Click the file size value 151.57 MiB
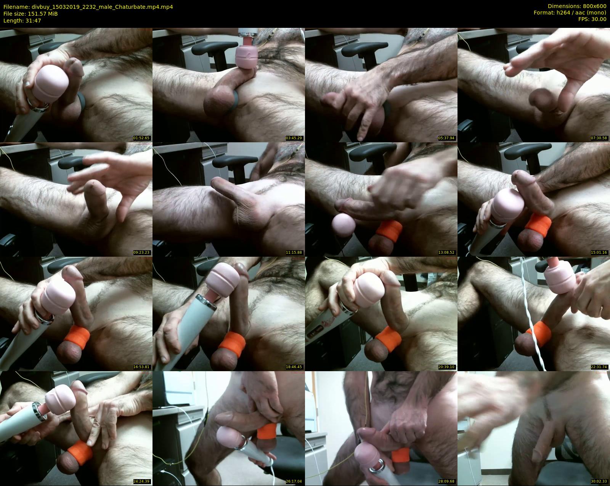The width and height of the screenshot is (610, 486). (x=43, y=14)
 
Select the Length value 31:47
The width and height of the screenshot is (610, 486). (x=33, y=21)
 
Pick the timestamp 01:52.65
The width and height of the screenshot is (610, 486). (x=141, y=138)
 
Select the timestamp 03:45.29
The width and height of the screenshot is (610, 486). (x=294, y=138)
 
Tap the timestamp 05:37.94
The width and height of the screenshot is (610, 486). (x=446, y=138)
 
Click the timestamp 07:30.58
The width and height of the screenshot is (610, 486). (x=599, y=138)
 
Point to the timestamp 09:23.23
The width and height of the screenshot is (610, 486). (x=141, y=253)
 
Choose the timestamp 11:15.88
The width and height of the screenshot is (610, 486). (x=294, y=253)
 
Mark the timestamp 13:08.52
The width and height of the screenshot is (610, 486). (x=446, y=253)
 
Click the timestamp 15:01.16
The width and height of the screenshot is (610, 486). (x=599, y=253)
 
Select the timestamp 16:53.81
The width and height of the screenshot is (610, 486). (x=141, y=367)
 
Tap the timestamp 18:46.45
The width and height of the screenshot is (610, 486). (x=294, y=367)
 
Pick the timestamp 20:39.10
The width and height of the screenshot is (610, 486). (x=446, y=367)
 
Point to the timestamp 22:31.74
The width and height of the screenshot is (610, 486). (x=599, y=367)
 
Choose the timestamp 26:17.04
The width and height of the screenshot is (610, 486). (x=294, y=481)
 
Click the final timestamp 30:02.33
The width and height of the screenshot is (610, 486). (x=599, y=481)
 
